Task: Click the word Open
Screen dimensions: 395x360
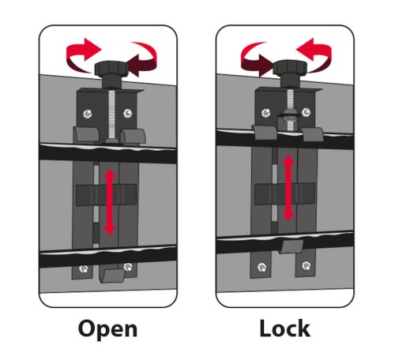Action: pos(107,328)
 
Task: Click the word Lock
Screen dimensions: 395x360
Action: pos(284,328)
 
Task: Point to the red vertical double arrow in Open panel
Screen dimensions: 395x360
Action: pos(109,202)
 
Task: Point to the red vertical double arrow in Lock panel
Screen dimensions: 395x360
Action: pos(288,188)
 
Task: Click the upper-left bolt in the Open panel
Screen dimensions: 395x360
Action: pos(87,114)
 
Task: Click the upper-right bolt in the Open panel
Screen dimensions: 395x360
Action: pos(128,113)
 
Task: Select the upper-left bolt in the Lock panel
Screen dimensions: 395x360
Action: pos(265,113)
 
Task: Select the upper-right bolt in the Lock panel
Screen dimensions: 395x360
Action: pos(306,112)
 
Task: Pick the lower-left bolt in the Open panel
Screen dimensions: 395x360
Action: pos(84,268)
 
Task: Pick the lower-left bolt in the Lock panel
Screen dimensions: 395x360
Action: pos(261,268)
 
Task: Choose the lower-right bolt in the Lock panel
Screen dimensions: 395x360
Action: pos(306,266)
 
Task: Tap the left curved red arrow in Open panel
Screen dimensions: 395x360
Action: pos(81,55)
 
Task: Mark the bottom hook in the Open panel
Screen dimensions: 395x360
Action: pos(112,276)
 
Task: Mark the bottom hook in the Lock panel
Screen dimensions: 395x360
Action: pos(292,246)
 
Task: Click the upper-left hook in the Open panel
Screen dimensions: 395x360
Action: pos(86,135)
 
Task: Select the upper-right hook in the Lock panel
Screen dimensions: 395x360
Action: pos(313,134)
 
